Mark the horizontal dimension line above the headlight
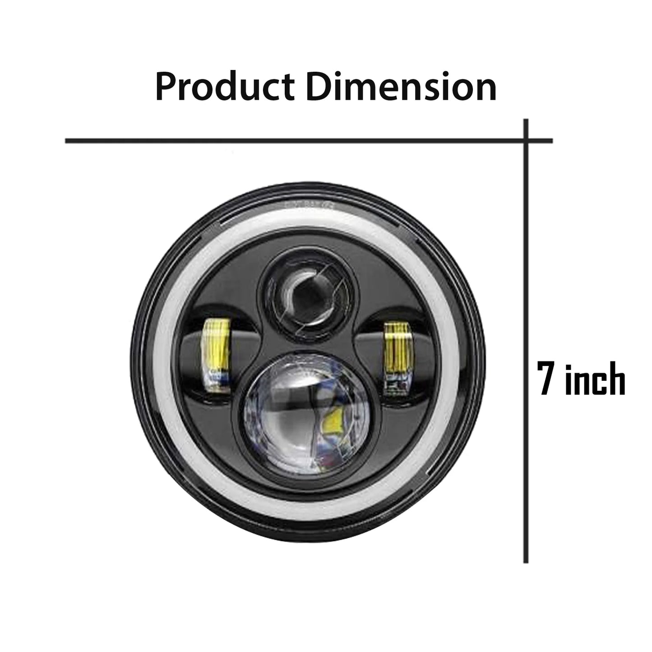coord(293,141)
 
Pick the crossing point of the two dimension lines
coord(526,141)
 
